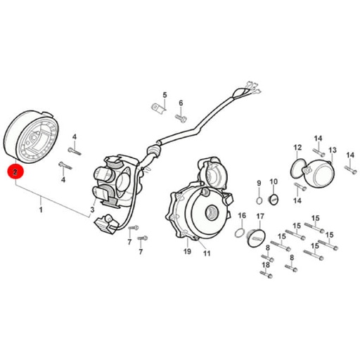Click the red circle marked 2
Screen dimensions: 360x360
click(x=15, y=172)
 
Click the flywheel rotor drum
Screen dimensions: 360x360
click(x=32, y=137)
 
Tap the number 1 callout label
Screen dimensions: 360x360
click(x=41, y=210)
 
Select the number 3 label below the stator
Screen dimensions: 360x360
click(x=92, y=210)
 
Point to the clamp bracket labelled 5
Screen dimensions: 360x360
click(x=158, y=108)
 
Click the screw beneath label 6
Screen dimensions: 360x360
click(x=181, y=118)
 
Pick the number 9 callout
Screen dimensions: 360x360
click(x=259, y=183)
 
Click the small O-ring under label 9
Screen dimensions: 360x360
click(x=259, y=201)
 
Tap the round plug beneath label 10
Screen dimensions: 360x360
click(x=273, y=200)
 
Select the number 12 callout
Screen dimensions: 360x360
click(x=297, y=148)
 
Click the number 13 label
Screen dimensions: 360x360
click(x=333, y=150)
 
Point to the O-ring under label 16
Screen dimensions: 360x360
click(x=240, y=233)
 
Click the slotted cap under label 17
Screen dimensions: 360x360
click(x=255, y=238)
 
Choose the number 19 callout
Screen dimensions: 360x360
click(x=187, y=252)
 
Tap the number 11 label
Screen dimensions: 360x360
click(x=207, y=253)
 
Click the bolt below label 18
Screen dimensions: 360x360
click(x=266, y=274)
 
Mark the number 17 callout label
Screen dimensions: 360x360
click(x=260, y=217)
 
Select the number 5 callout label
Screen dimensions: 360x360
click(x=165, y=95)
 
